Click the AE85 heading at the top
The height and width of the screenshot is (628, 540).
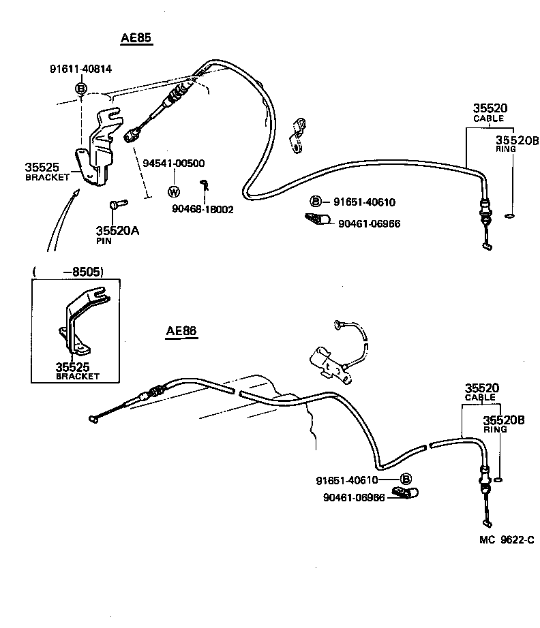[x=136, y=39]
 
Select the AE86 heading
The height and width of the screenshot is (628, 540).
[x=181, y=331]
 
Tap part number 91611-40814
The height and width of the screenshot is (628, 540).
[x=80, y=69]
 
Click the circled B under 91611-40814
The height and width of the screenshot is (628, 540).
[x=80, y=89]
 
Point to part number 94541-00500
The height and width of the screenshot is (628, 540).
[x=174, y=163]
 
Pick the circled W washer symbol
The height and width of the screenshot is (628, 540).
[x=173, y=191]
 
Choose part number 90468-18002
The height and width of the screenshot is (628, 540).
[x=202, y=209]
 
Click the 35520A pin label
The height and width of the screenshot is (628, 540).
[x=117, y=232]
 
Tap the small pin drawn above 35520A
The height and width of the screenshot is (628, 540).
[x=115, y=204]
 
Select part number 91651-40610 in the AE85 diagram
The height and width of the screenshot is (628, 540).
[x=364, y=202]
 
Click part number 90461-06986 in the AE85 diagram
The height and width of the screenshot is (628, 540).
[x=369, y=223]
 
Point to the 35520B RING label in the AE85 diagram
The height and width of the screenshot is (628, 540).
[x=517, y=144]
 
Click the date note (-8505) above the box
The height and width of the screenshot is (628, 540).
[x=68, y=271]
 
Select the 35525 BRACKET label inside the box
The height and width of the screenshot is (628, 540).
[x=77, y=370]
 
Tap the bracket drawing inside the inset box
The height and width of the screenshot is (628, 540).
[x=82, y=320]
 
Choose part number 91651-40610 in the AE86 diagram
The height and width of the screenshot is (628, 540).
[x=347, y=480]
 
